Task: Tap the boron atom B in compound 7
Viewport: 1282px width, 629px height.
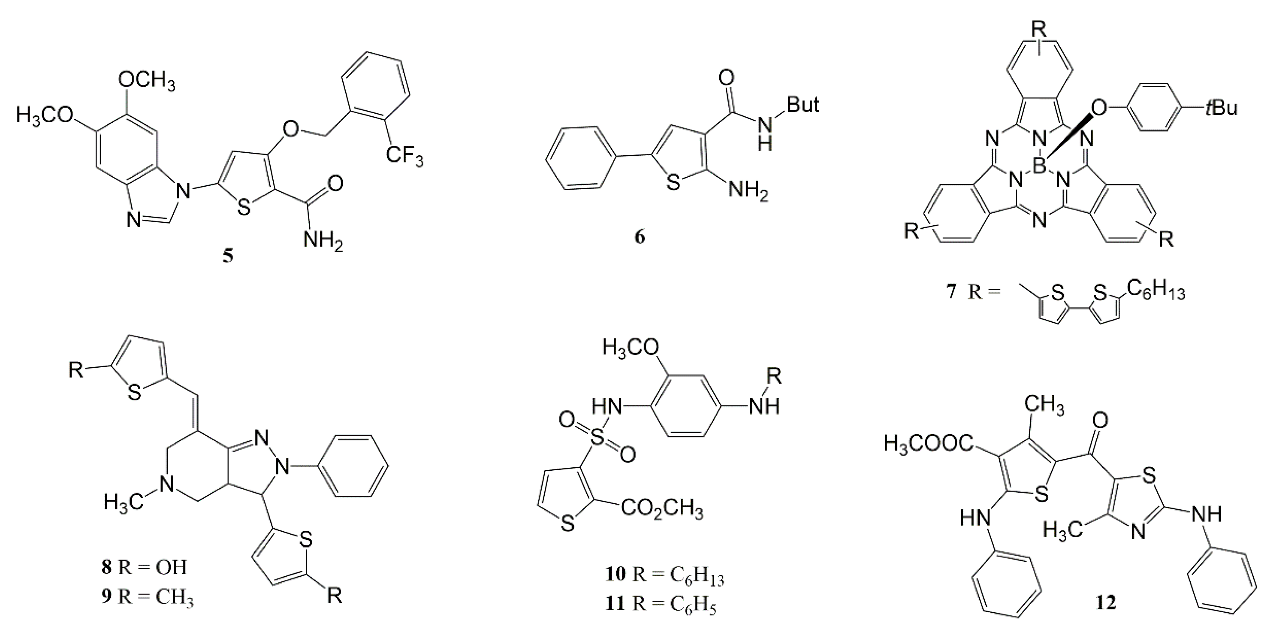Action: (1039, 166)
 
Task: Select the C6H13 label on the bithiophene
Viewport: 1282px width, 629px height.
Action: (1155, 291)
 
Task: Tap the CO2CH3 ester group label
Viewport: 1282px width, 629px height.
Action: (662, 510)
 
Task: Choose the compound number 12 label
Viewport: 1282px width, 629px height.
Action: (1105, 603)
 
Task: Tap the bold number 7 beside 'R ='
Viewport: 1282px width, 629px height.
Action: (952, 291)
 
